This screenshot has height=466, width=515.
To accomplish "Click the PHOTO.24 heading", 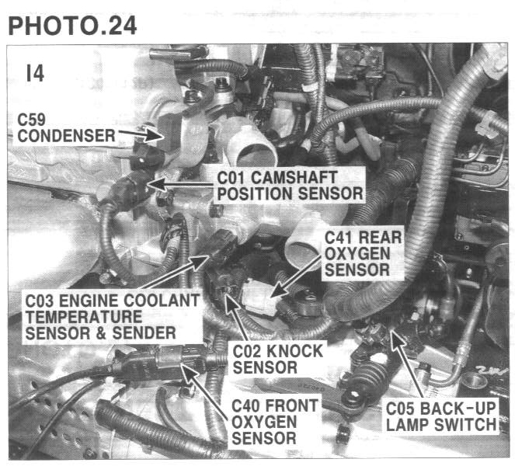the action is tap(72, 26).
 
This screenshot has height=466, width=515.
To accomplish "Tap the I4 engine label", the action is tap(35, 73).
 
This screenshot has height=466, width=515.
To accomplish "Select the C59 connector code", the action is tap(31, 120).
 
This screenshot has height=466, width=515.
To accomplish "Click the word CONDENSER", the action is tap(66, 136).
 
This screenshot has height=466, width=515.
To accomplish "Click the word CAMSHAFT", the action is tap(294, 178).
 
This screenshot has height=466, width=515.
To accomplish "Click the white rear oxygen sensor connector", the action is tap(259, 297).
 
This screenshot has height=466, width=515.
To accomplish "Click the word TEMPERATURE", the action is tap(84, 317).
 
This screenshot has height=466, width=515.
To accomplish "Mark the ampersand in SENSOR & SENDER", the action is tap(101, 333).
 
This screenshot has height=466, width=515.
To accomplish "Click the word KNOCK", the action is tap(294, 351).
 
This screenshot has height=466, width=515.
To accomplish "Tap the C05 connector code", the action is tap(400, 409).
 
